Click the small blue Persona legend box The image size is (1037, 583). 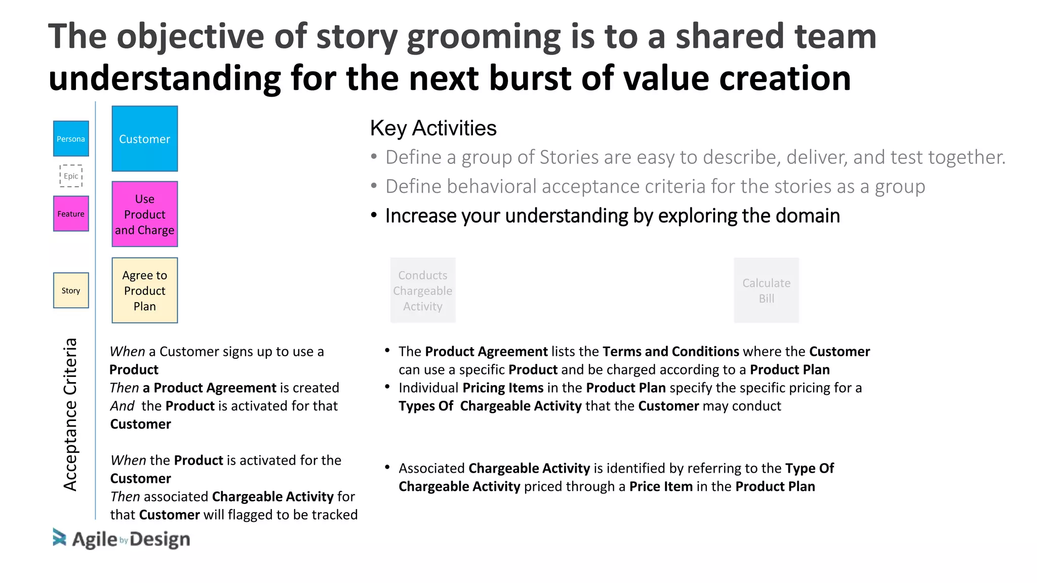tap(71, 139)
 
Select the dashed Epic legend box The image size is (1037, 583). tap(71, 176)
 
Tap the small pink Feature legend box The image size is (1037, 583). tap(71, 214)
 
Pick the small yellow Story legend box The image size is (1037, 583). tap(71, 290)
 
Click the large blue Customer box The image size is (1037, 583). tap(145, 139)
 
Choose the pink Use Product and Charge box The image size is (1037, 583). tap(145, 214)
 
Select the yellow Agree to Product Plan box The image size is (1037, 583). tap(145, 290)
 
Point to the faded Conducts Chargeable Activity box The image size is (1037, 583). tap(423, 290)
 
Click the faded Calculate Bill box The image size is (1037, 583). tap(766, 290)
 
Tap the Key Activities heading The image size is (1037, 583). tap(433, 128)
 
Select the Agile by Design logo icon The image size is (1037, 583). tap(59, 537)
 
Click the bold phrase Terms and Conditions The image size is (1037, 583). tap(671, 351)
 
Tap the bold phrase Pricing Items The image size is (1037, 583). tap(503, 388)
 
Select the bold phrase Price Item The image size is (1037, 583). tap(661, 486)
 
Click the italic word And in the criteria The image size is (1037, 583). tap(123, 406)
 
